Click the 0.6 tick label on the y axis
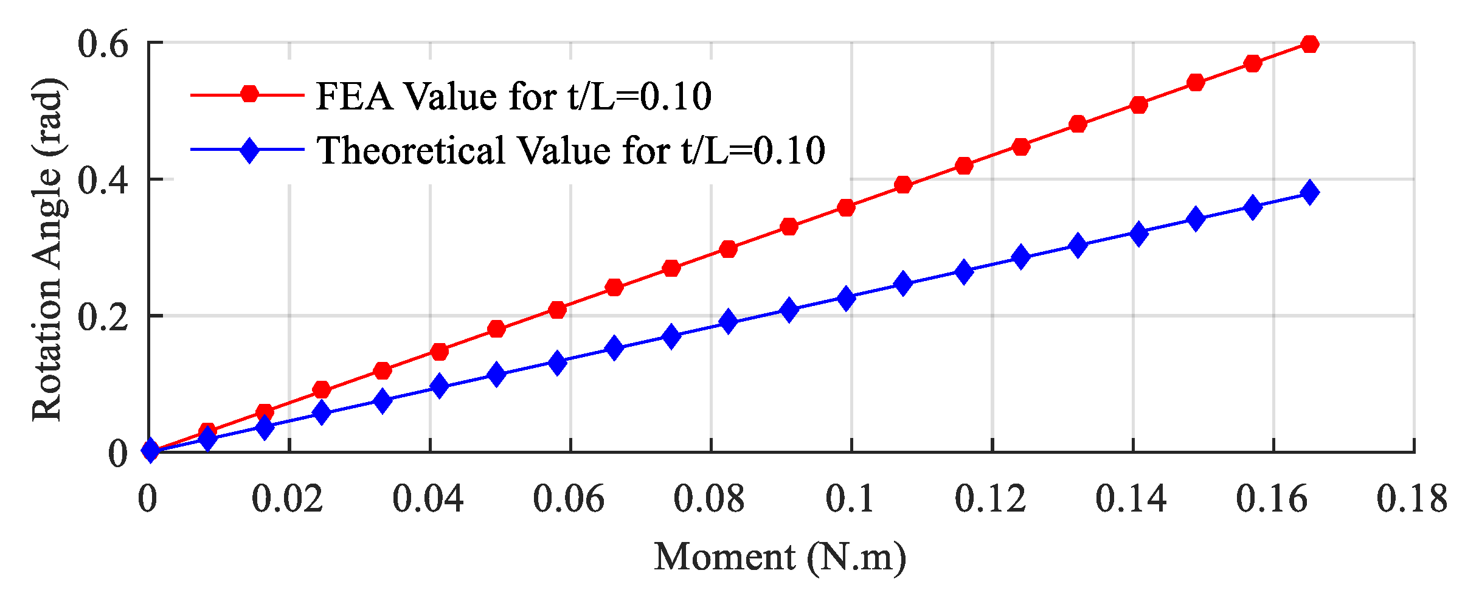103,44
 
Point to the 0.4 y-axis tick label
103,181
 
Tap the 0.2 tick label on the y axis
103,317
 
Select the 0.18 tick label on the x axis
1412,499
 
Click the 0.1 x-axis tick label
850,499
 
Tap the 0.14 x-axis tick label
1131,499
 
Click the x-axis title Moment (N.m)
780,557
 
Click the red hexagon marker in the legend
249,94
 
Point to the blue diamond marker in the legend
249,150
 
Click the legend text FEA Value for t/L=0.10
514,96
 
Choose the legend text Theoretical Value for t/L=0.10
571,150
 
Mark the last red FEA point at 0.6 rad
1310,44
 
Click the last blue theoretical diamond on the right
1310,193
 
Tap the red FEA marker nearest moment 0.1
846,207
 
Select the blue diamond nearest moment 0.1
846,298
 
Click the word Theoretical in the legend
411,150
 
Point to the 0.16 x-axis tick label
1272,499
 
